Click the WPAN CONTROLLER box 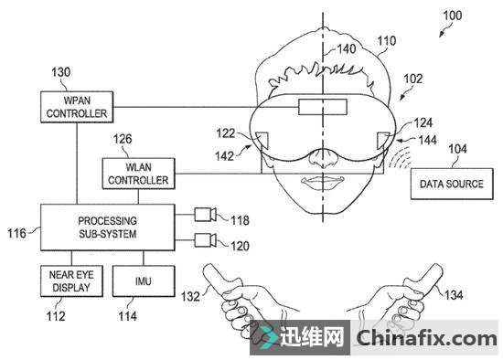pyautogui.click(x=75, y=107)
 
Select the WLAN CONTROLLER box pyautogui.click(x=136, y=174)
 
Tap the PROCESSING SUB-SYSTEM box pyautogui.click(x=106, y=228)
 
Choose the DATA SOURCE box pyautogui.click(x=451, y=184)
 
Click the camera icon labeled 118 pyautogui.click(x=205, y=216)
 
